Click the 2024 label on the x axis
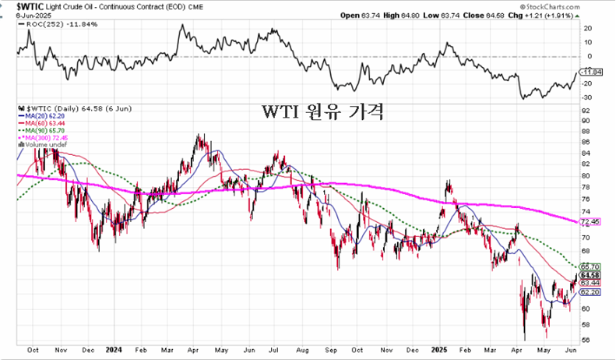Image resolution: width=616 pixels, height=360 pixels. pyautogui.click(x=114, y=350)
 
